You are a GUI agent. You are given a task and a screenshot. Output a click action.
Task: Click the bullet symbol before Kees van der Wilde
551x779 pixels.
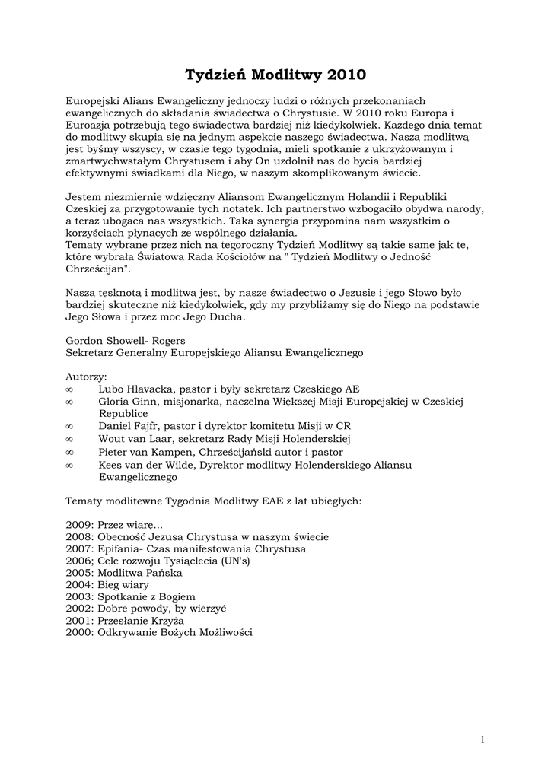(69, 465)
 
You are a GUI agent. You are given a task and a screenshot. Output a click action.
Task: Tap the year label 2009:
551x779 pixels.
(80, 525)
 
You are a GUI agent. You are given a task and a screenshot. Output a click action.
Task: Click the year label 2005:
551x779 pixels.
(80, 573)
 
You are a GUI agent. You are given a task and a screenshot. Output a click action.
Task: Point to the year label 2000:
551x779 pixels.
(80, 633)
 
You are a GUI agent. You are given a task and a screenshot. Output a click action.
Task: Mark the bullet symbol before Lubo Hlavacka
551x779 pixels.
(69, 389)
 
